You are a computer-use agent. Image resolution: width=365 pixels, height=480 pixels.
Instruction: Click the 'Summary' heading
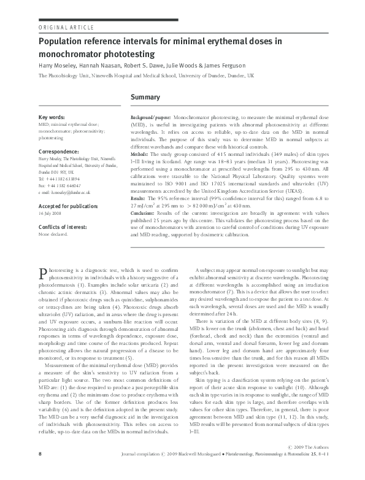pyautogui.click(x=146, y=98)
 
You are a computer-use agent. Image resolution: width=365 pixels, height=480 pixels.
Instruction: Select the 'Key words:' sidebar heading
pyautogui.click(x=53, y=117)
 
